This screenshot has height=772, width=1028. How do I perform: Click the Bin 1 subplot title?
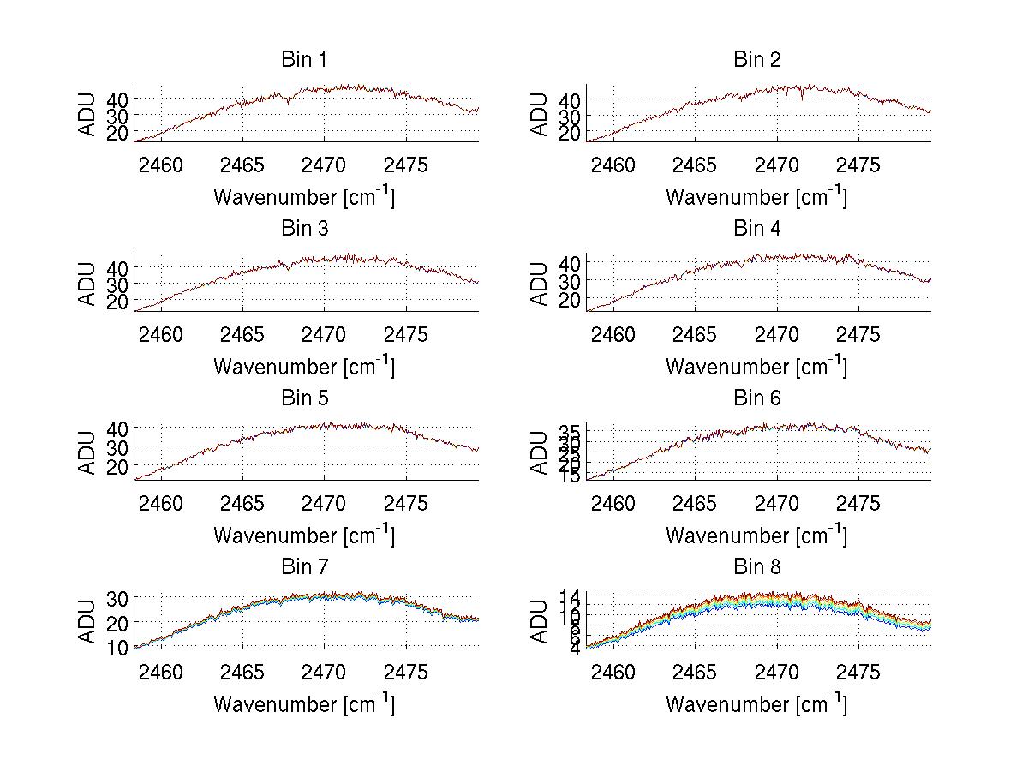(x=304, y=60)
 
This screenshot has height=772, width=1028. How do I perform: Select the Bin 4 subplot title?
(x=757, y=229)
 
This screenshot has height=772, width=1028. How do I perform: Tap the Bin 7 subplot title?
(x=304, y=567)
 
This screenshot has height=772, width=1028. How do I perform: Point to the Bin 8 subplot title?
(x=757, y=567)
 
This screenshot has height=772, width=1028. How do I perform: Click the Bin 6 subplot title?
(x=757, y=398)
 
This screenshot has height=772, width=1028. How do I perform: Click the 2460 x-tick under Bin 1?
(x=161, y=165)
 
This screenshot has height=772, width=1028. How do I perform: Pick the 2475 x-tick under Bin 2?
(x=858, y=165)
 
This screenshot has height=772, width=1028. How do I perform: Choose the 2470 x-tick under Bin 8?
(x=777, y=672)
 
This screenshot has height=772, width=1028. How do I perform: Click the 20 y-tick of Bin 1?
(x=117, y=132)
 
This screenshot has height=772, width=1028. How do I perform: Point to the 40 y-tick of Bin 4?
(x=570, y=262)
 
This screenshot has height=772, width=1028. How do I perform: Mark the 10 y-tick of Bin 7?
(x=117, y=647)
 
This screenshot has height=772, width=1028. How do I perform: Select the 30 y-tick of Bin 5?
(x=117, y=446)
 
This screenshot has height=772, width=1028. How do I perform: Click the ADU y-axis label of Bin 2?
(x=539, y=114)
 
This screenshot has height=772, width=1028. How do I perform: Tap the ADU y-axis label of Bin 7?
(x=87, y=621)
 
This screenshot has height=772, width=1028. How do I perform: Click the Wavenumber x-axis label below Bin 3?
(x=304, y=367)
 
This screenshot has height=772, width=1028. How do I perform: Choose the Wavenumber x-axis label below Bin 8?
(x=757, y=704)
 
